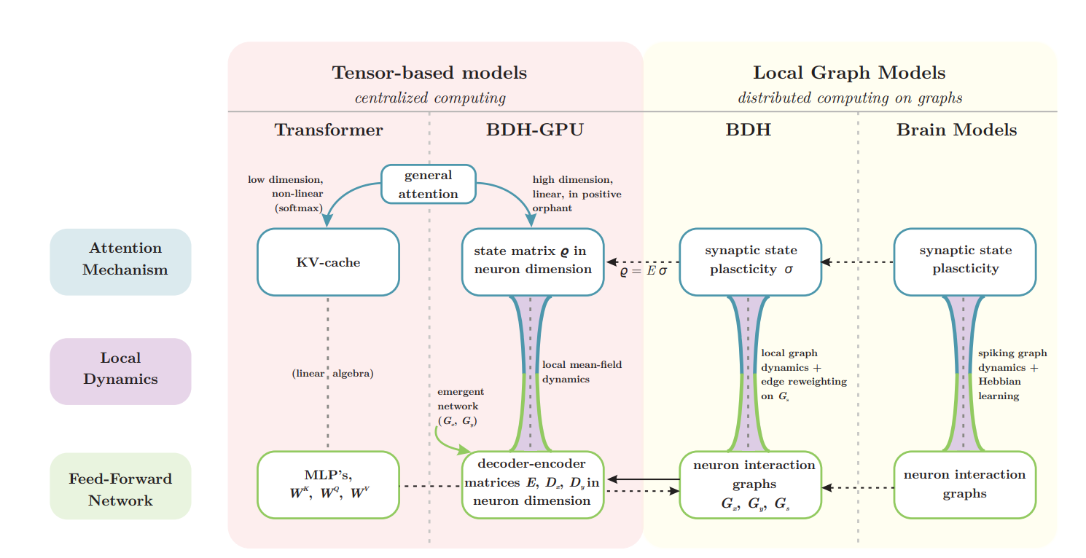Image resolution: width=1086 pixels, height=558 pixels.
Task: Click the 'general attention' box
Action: pyautogui.click(x=429, y=184)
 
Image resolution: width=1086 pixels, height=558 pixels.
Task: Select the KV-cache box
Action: pyautogui.click(x=328, y=262)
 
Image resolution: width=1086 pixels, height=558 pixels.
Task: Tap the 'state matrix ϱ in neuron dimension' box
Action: pyautogui.click(x=534, y=261)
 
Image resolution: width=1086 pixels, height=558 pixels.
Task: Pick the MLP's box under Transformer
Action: pyautogui.click(x=328, y=484)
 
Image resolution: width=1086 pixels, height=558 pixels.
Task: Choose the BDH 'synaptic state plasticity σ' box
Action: pyautogui.click(x=750, y=261)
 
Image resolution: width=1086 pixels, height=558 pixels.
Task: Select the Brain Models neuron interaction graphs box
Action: pyautogui.click(x=964, y=484)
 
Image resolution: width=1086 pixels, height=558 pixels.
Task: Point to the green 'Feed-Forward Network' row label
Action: pyautogui.click(x=120, y=489)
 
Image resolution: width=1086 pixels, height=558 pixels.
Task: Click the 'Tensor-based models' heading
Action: pyautogui.click(x=429, y=73)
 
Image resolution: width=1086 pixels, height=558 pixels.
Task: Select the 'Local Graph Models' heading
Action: pyautogui.click(x=849, y=73)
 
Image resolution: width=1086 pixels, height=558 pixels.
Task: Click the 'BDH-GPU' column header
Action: pyautogui.click(x=535, y=130)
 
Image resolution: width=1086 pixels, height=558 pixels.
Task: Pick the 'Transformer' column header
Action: pyautogui.click(x=329, y=130)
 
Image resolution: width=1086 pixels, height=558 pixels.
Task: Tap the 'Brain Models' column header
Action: pyautogui.click(x=956, y=130)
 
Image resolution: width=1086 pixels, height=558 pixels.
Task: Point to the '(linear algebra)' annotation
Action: pyautogui.click(x=332, y=374)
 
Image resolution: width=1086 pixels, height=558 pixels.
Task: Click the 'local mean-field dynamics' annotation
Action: pyautogui.click(x=582, y=372)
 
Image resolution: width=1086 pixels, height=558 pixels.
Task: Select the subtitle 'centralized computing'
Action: pyautogui.click(x=430, y=98)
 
